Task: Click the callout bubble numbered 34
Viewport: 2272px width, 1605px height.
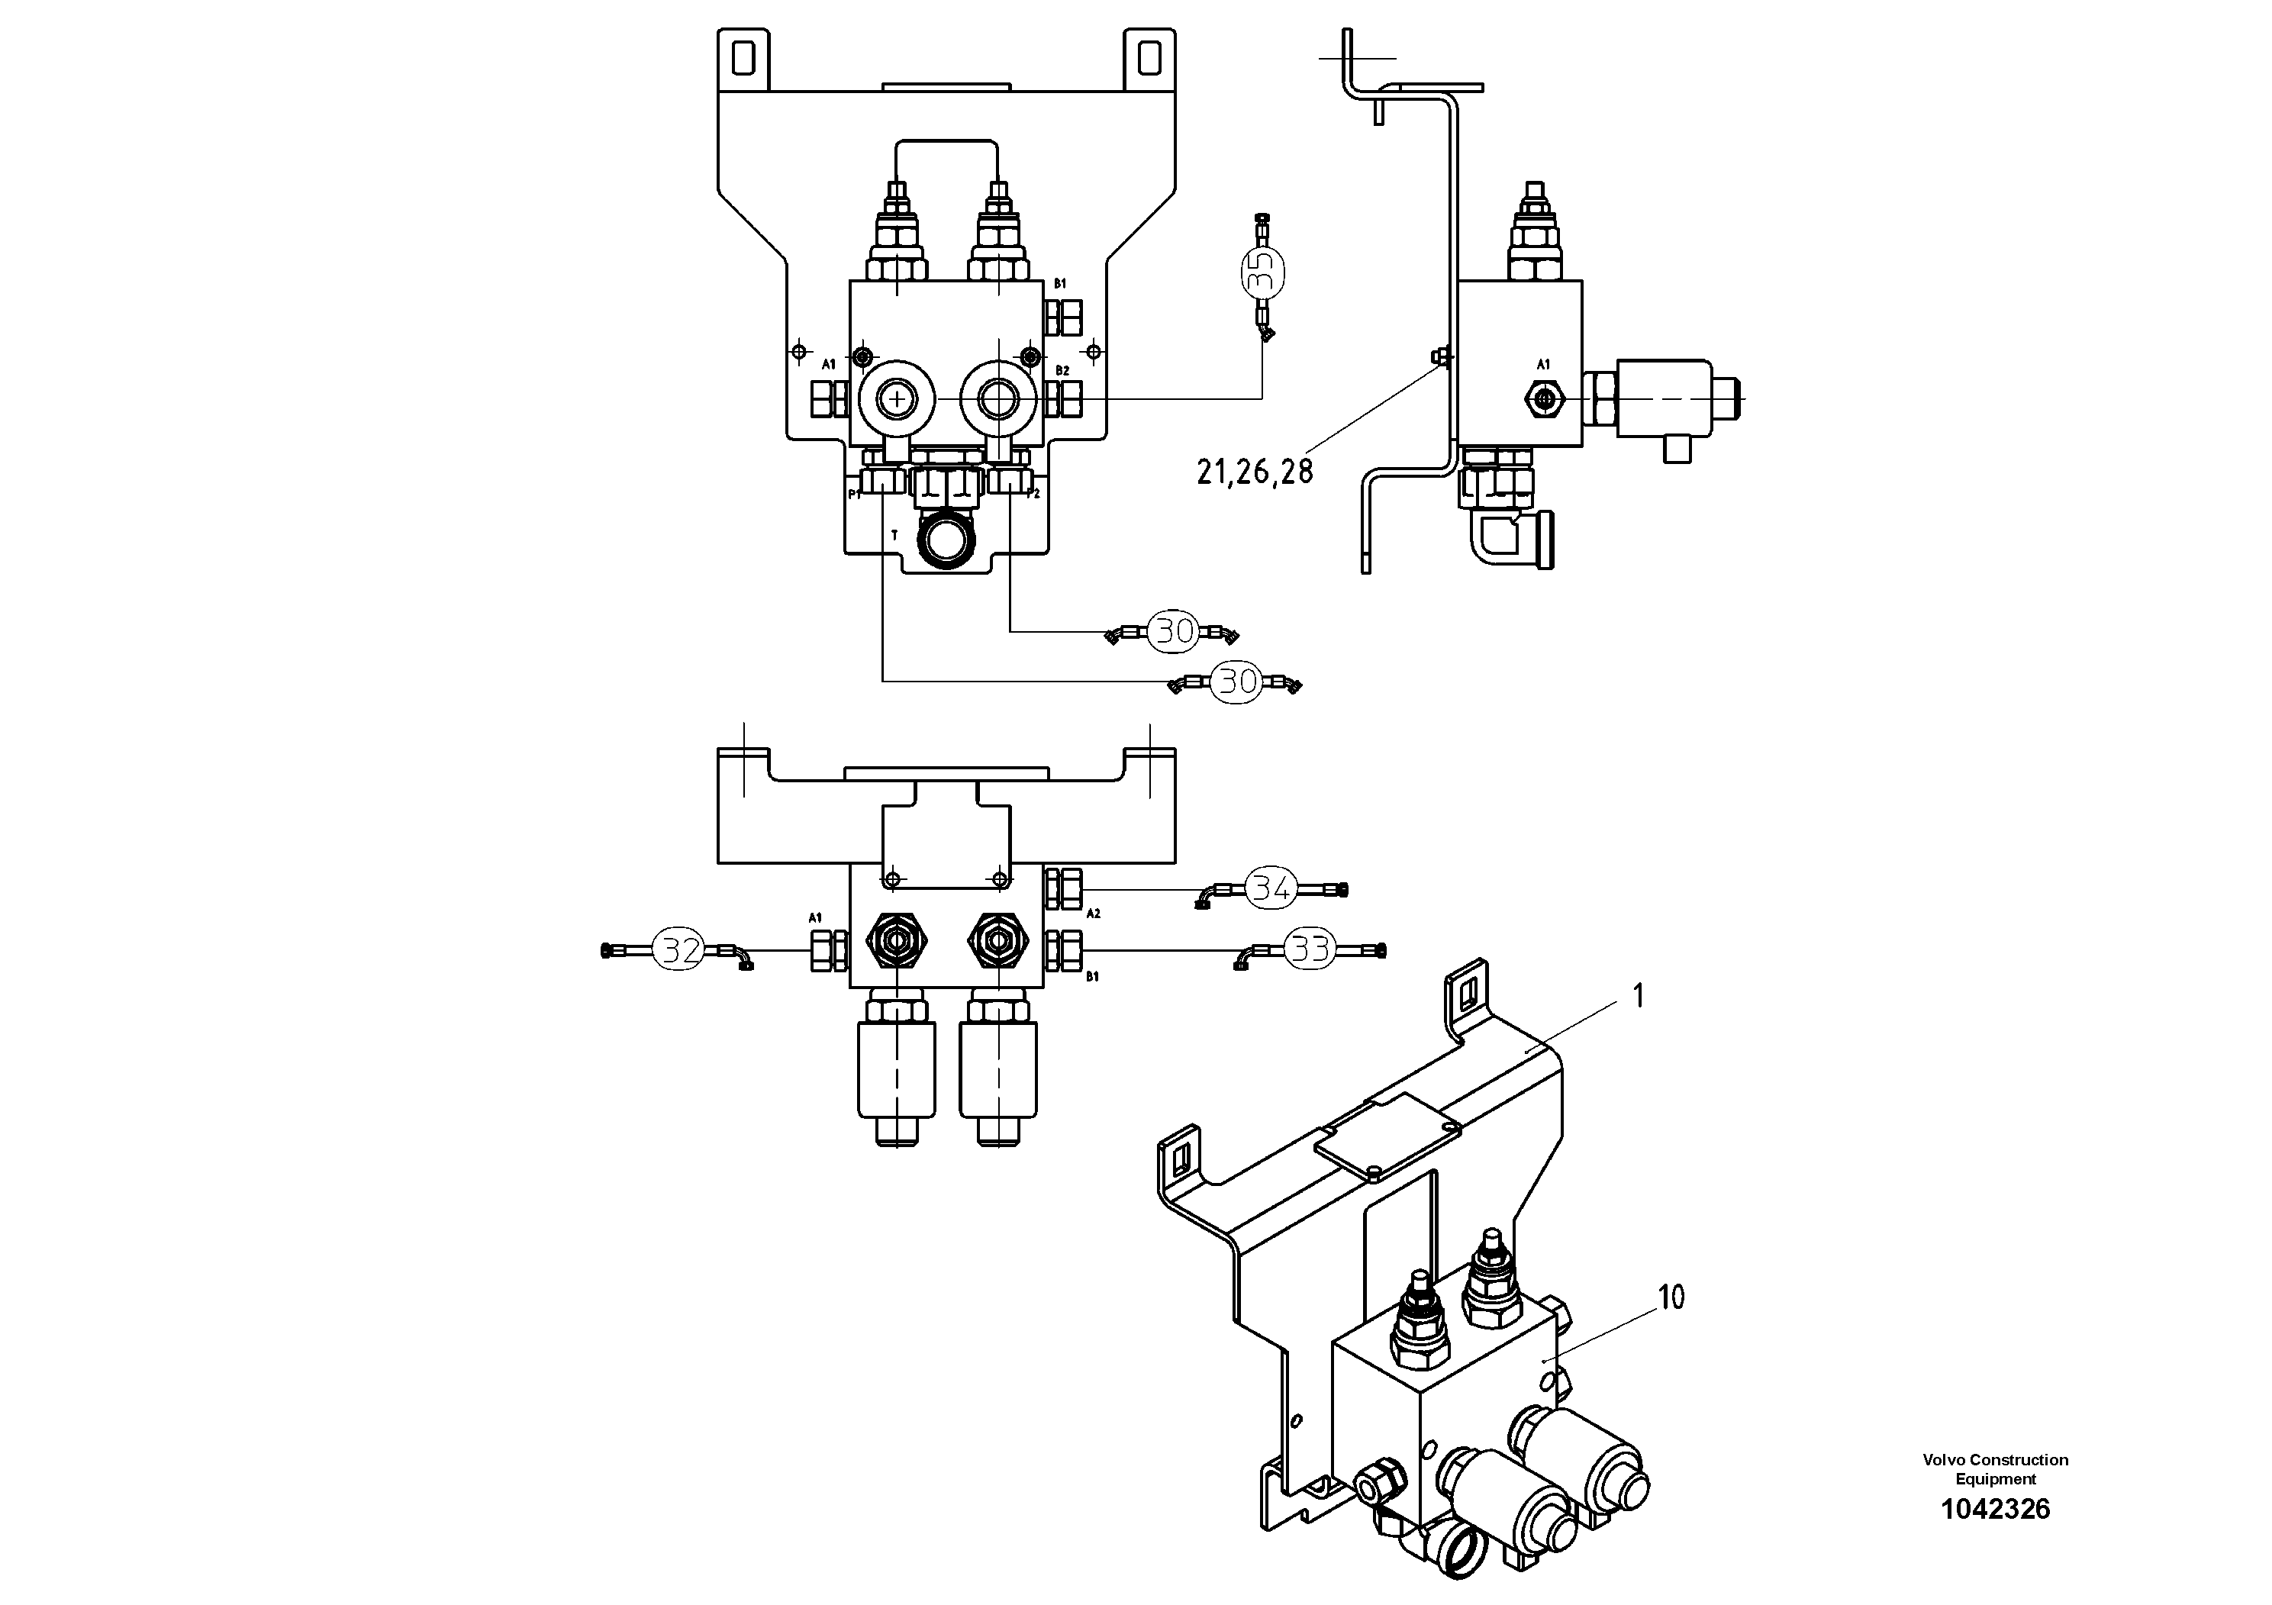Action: tap(1271, 888)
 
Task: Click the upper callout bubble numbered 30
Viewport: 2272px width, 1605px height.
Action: tap(1175, 631)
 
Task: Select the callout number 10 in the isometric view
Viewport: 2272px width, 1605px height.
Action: tap(1671, 1297)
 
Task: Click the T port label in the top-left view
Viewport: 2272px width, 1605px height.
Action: tap(894, 535)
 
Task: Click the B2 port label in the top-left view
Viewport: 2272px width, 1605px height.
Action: tap(1062, 371)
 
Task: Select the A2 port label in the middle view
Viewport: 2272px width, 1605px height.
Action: tap(1094, 914)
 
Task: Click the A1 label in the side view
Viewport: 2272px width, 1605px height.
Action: tap(1542, 365)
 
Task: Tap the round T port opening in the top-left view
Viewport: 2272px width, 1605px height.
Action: tap(947, 541)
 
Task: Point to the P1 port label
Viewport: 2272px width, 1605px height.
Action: tap(854, 494)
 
